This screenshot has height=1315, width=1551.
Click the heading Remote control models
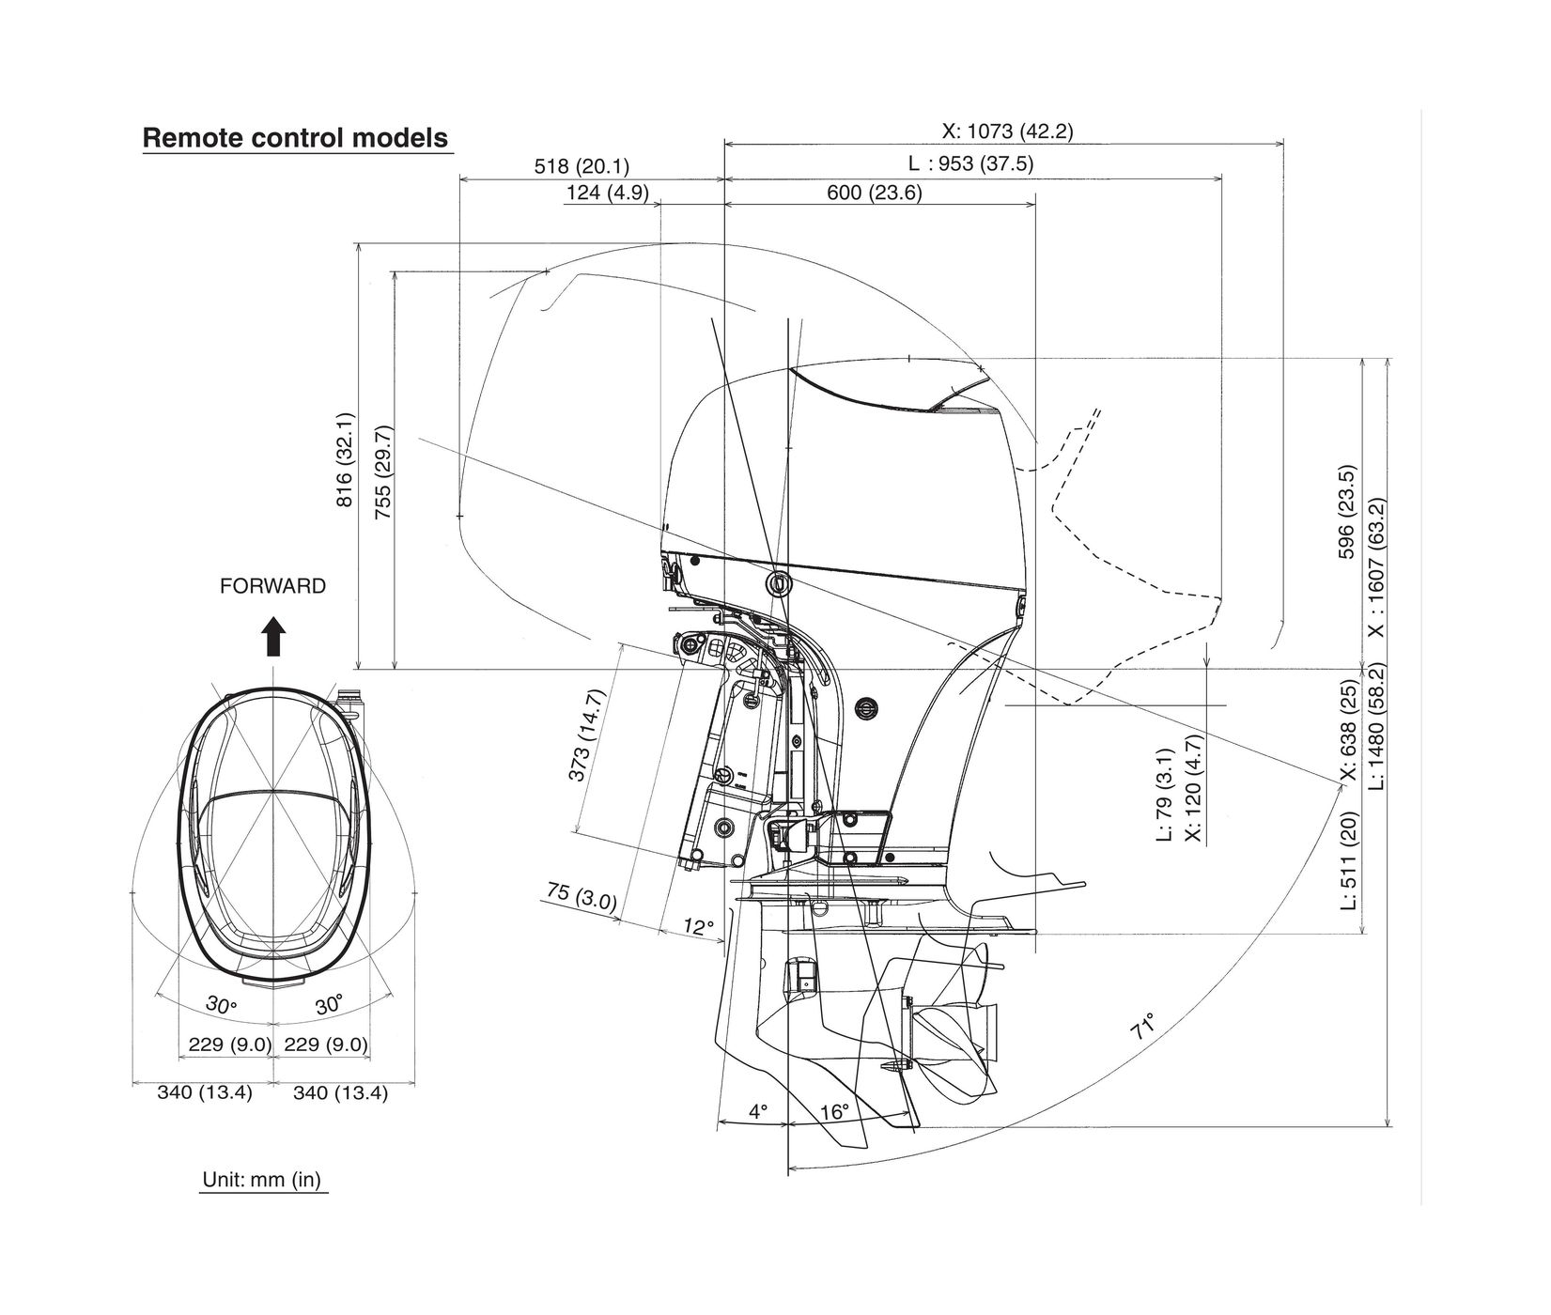tap(295, 138)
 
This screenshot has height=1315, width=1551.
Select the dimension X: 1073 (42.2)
tap(1007, 131)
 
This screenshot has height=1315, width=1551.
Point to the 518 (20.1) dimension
tap(582, 166)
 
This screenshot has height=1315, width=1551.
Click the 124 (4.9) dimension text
tap(607, 193)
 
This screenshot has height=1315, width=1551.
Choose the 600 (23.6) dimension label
tap(874, 193)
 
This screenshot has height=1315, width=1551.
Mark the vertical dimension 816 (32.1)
tap(345, 459)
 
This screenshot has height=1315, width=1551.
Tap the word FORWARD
tap(272, 587)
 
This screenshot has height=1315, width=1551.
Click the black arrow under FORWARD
tap(273, 637)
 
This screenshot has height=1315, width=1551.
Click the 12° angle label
tap(698, 927)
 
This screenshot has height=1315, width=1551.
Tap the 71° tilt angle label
tap(1142, 1026)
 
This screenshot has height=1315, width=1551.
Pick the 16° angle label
tap(833, 1112)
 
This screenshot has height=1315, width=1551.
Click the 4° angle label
tap(758, 1112)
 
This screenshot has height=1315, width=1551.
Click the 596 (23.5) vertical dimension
tap(1346, 512)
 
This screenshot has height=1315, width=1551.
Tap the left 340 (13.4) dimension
tap(204, 1092)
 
